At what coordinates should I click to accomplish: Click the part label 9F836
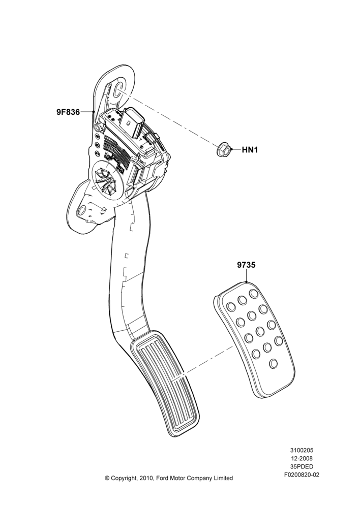point(68,112)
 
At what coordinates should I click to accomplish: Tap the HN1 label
point(250,150)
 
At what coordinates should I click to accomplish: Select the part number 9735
point(246,265)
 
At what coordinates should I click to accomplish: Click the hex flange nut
point(224,150)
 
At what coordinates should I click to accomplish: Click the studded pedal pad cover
point(254,337)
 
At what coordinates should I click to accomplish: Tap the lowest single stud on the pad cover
point(274,363)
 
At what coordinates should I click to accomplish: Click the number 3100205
point(302,450)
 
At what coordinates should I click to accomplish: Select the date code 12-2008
point(302,458)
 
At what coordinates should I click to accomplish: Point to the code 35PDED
point(302,467)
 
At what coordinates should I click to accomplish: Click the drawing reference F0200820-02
point(302,475)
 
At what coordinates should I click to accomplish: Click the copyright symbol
point(107,478)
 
